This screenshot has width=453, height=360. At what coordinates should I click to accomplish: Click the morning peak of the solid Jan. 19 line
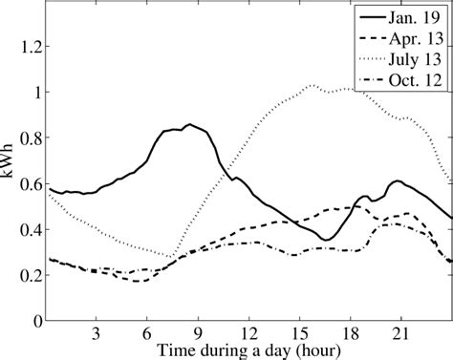point(189,124)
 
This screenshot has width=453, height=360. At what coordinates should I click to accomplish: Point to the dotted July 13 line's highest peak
point(313,86)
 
